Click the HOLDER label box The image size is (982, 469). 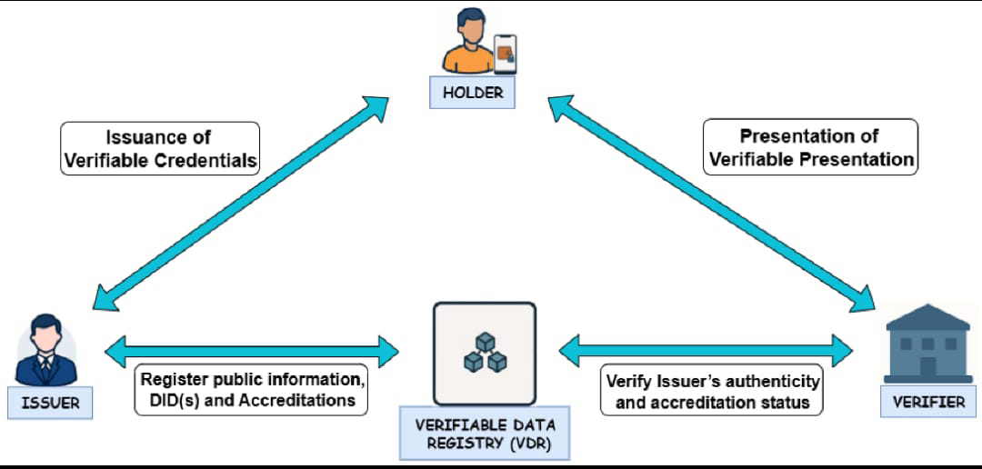[472, 93]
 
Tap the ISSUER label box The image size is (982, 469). [50, 403]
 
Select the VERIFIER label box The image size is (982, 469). [928, 402]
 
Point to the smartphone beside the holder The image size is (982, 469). [506, 55]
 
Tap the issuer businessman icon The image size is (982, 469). [46, 349]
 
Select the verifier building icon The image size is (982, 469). [928, 344]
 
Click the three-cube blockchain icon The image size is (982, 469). [485, 352]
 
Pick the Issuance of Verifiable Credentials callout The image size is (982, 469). [160, 148]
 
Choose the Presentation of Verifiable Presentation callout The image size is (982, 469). [810, 146]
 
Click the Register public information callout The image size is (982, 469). [251, 390]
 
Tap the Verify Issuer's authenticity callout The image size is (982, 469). [711, 390]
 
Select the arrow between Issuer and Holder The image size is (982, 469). [240, 203]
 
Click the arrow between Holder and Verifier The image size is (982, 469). [711, 203]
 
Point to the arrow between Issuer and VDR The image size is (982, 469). [251, 351]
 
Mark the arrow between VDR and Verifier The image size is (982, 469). [706, 351]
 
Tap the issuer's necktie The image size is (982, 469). [46, 366]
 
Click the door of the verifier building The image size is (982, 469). [928, 367]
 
